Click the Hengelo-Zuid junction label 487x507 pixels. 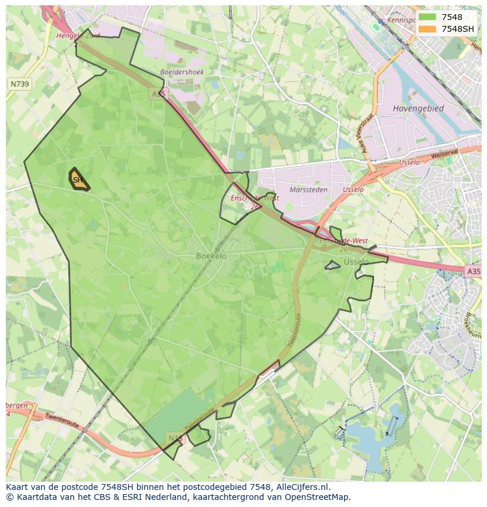click(x=78, y=36)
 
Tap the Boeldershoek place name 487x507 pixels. click(x=182, y=72)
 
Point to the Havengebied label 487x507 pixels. click(x=418, y=108)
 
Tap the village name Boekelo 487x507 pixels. click(x=211, y=256)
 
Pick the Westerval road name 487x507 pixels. click(x=443, y=154)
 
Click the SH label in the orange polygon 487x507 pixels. click(x=78, y=180)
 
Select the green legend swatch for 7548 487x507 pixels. click(x=427, y=17)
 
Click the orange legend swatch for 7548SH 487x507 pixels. click(x=427, y=29)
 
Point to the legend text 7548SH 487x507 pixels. click(x=458, y=29)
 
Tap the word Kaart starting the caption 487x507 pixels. click(x=19, y=487)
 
